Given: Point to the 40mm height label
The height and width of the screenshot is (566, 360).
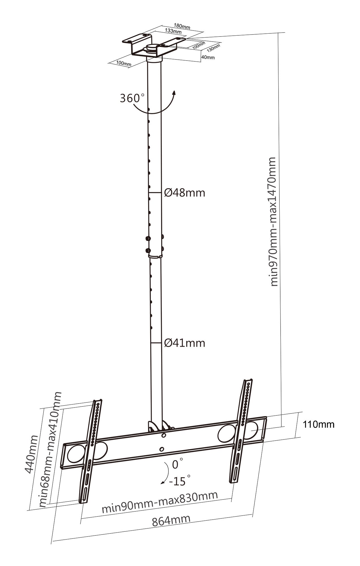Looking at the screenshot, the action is [x=208, y=57].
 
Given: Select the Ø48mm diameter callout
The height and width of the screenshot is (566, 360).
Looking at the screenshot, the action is [x=184, y=193].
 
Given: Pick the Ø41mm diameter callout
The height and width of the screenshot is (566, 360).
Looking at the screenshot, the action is [x=184, y=343].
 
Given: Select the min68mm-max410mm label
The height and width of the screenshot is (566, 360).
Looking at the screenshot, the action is [x=50, y=449].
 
